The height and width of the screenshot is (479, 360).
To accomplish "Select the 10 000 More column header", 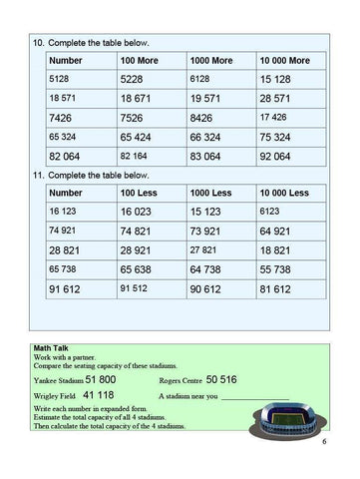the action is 285,60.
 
